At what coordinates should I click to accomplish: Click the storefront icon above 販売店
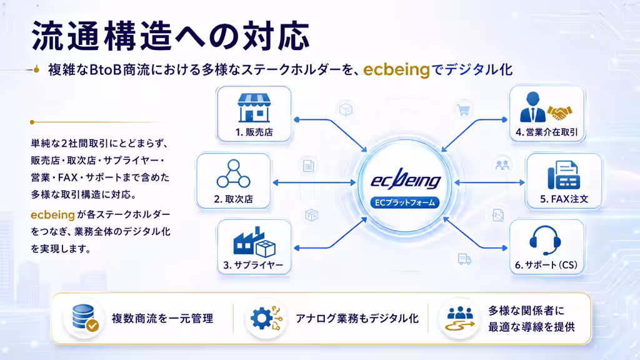point(254,108)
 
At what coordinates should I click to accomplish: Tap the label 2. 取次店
point(234,199)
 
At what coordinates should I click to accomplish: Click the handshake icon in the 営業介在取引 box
point(559,112)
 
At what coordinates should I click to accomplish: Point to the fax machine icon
point(564,175)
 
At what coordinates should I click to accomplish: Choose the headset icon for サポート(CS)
point(545,241)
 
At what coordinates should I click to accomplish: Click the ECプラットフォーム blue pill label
point(405,203)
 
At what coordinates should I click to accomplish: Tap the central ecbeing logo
point(406,179)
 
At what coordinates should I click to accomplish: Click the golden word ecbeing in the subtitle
point(397,70)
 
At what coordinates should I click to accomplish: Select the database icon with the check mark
point(85,317)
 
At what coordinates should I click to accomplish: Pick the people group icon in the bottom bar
point(460,318)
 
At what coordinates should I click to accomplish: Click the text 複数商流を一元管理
point(162,318)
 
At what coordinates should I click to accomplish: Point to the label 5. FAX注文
point(564,199)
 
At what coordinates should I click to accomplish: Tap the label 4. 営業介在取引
point(547,132)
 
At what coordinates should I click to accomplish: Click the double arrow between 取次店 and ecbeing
point(314,183)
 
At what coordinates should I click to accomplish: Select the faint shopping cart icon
point(464,110)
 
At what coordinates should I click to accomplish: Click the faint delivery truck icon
point(464,259)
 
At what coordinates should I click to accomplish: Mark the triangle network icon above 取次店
point(234,174)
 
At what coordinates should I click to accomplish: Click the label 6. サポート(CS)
point(546,265)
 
